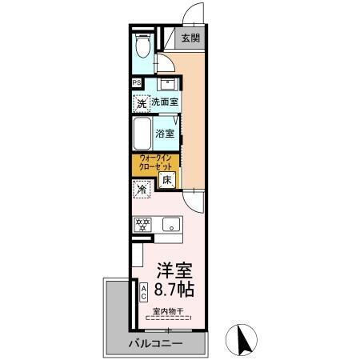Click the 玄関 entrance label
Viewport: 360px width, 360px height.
(190, 38)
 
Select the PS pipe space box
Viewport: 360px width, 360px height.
(136, 82)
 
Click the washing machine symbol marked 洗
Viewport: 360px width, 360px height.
(141, 102)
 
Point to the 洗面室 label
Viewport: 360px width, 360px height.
(165, 102)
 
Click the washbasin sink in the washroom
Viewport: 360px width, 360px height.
(168, 84)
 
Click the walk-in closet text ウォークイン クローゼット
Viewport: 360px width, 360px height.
(157, 162)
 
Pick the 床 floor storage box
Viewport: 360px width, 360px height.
(168, 181)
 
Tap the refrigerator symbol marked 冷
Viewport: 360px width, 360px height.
(142, 190)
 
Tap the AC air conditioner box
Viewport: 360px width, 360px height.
(143, 292)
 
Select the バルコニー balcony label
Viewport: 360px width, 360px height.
(155, 344)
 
